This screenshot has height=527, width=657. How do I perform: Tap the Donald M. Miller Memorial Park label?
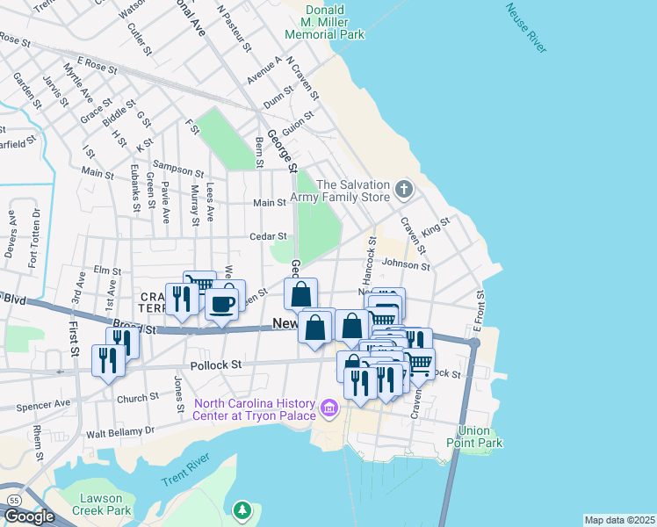point(324,22)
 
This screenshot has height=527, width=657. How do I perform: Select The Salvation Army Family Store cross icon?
point(403,189)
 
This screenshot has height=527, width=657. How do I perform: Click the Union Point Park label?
point(480,437)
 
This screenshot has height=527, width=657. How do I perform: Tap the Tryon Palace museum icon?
point(329,407)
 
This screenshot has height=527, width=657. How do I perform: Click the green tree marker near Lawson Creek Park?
point(242,509)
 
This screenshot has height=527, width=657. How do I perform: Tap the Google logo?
point(29,516)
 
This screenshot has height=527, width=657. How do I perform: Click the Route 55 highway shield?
point(13,498)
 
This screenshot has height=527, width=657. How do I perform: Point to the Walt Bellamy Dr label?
point(119,432)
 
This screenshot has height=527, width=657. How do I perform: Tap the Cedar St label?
point(269,235)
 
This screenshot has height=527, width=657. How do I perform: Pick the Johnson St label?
point(405,264)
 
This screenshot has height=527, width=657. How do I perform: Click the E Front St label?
point(480,312)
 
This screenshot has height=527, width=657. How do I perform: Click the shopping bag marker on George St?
point(300,293)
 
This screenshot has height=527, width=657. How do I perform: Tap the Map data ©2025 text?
point(619,520)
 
